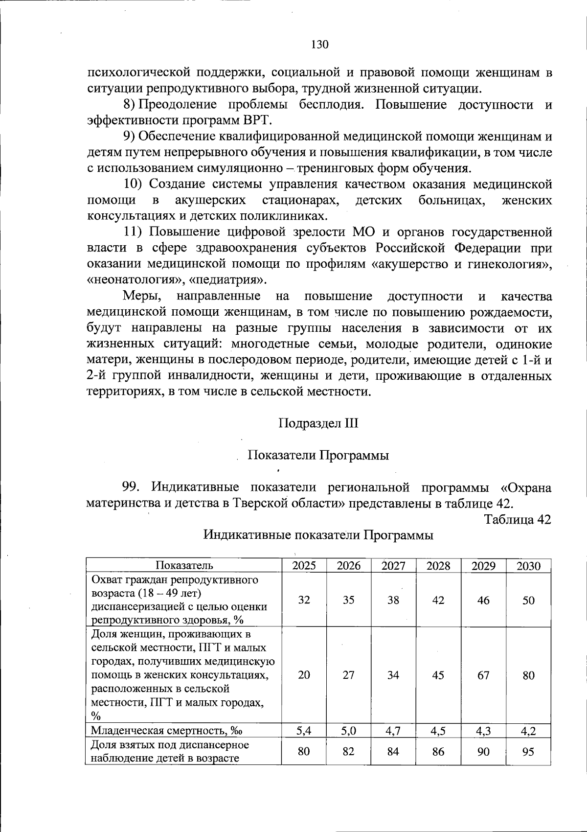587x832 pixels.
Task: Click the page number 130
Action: [319, 45]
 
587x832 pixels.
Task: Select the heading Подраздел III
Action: [318, 423]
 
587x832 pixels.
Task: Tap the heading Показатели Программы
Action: [318, 455]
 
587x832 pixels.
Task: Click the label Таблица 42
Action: [518, 519]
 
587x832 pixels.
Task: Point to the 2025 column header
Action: [304, 566]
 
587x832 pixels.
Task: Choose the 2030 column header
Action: [528, 566]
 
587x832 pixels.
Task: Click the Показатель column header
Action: [184, 566]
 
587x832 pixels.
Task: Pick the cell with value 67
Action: [483, 675]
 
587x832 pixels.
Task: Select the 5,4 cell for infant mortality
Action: [304, 731]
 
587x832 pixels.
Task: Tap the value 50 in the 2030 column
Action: [528, 600]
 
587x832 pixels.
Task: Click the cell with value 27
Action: [348, 675]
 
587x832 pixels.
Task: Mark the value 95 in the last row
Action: [528, 751]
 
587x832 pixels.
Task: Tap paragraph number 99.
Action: [131, 487]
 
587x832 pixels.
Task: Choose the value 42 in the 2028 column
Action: [438, 600]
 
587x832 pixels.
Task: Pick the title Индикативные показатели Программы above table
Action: [318, 535]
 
